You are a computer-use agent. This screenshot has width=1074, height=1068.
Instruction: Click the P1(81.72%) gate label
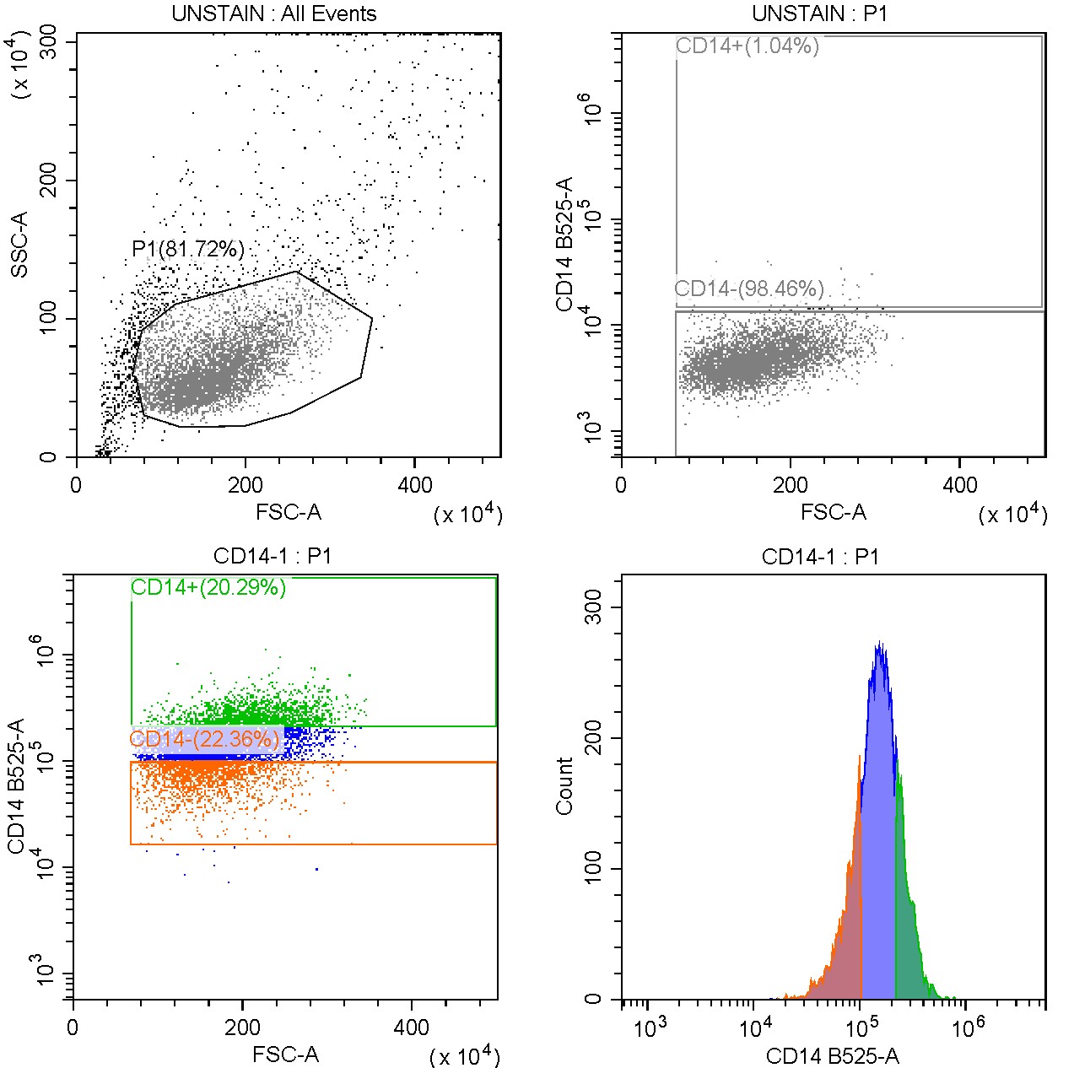pos(188,249)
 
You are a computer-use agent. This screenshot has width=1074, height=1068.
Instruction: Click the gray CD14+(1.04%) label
pos(747,46)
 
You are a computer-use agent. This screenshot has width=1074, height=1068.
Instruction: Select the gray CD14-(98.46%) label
pos(749,289)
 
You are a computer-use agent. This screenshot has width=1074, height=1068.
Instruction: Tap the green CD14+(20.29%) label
pos(208,587)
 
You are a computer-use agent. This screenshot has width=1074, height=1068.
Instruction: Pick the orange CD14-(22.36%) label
pos(204,740)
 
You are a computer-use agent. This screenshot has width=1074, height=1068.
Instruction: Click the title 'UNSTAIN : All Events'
pos(273,13)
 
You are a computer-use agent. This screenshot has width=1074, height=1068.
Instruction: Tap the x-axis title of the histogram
pos(832,1056)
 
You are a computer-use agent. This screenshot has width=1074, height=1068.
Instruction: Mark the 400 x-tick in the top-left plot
pos(414,485)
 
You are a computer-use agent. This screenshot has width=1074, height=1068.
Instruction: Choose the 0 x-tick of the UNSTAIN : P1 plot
pos(622,485)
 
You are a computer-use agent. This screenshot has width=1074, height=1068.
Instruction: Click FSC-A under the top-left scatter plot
pos(289,512)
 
